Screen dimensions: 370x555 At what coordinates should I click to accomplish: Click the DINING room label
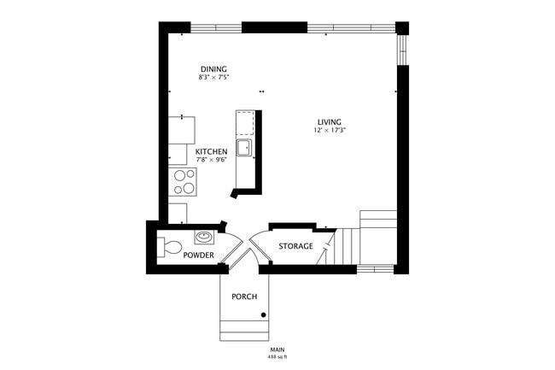click(x=213, y=69)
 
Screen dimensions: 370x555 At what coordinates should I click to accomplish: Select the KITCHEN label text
click(x=212, y=151)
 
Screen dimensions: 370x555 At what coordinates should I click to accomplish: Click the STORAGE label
click(x=295, y=246)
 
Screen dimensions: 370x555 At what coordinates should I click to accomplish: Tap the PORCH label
click(x=244, y=297)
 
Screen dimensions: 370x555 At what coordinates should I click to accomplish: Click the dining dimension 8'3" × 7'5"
click(x=213, y=78)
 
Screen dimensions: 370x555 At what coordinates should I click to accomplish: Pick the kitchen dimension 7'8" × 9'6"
click(x=212, y=160)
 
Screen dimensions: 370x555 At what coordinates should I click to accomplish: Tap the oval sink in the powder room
click(x=204, y=237)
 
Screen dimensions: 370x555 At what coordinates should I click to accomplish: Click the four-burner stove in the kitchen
click(x=184, y=180)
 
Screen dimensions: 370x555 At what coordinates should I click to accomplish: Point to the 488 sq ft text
click(x=277, y=356)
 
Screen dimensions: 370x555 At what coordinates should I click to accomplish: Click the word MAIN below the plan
click(x=277, y=349)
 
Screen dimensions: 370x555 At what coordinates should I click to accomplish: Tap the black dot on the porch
click(x=264, y=316)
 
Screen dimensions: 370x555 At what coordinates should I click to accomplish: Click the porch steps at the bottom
click(x=246, y=330)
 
